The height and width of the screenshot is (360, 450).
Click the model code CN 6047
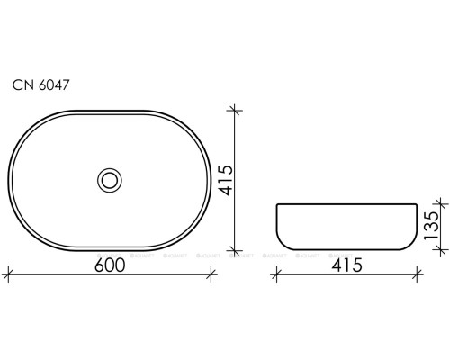(x=42, y=85)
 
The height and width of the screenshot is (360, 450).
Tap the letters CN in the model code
(x=22, y=85)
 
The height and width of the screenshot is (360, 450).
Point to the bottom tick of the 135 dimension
(x=440, y=249)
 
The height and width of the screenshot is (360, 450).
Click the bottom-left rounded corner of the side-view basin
(x=281, y=243)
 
